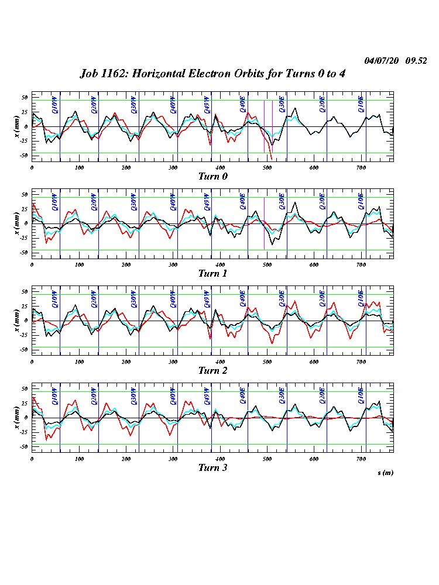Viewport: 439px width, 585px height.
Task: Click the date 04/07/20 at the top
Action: coord(380,61)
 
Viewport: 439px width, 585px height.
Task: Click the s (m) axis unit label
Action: coord(385,473)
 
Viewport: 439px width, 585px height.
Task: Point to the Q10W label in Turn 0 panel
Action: coord(55,105)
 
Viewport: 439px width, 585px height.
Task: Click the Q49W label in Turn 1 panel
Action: coord(207,202)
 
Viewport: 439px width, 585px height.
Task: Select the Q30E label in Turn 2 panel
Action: coord(282,299)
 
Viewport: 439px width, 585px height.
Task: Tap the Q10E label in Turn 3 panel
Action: coord(361,396)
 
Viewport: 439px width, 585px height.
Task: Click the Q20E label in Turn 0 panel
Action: coord(322,105)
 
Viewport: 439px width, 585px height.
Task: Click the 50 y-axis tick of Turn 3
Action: coord(25,388)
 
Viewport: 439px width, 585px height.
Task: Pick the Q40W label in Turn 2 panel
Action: coord(173,299)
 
